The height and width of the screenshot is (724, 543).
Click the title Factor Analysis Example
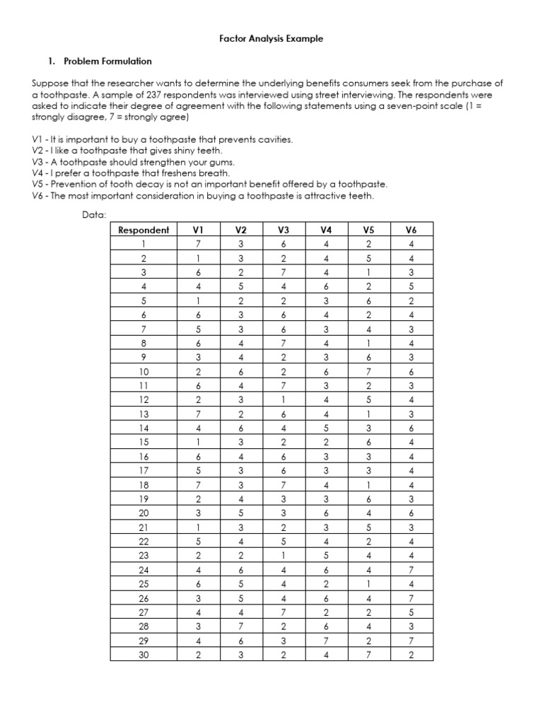pyautogui.click(x=271, y=39)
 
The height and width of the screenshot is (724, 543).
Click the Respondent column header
pyautogui.click(x=144, y=230)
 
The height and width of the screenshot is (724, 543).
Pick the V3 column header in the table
pyautogui.click(x=284, y=230)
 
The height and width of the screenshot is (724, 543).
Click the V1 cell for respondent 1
pyautogui.click(x=198, y=245)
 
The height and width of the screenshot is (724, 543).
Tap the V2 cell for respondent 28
pyautogui.click(x=241, y=625)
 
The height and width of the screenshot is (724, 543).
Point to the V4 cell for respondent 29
pyautogui.click(x=326, y=640)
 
